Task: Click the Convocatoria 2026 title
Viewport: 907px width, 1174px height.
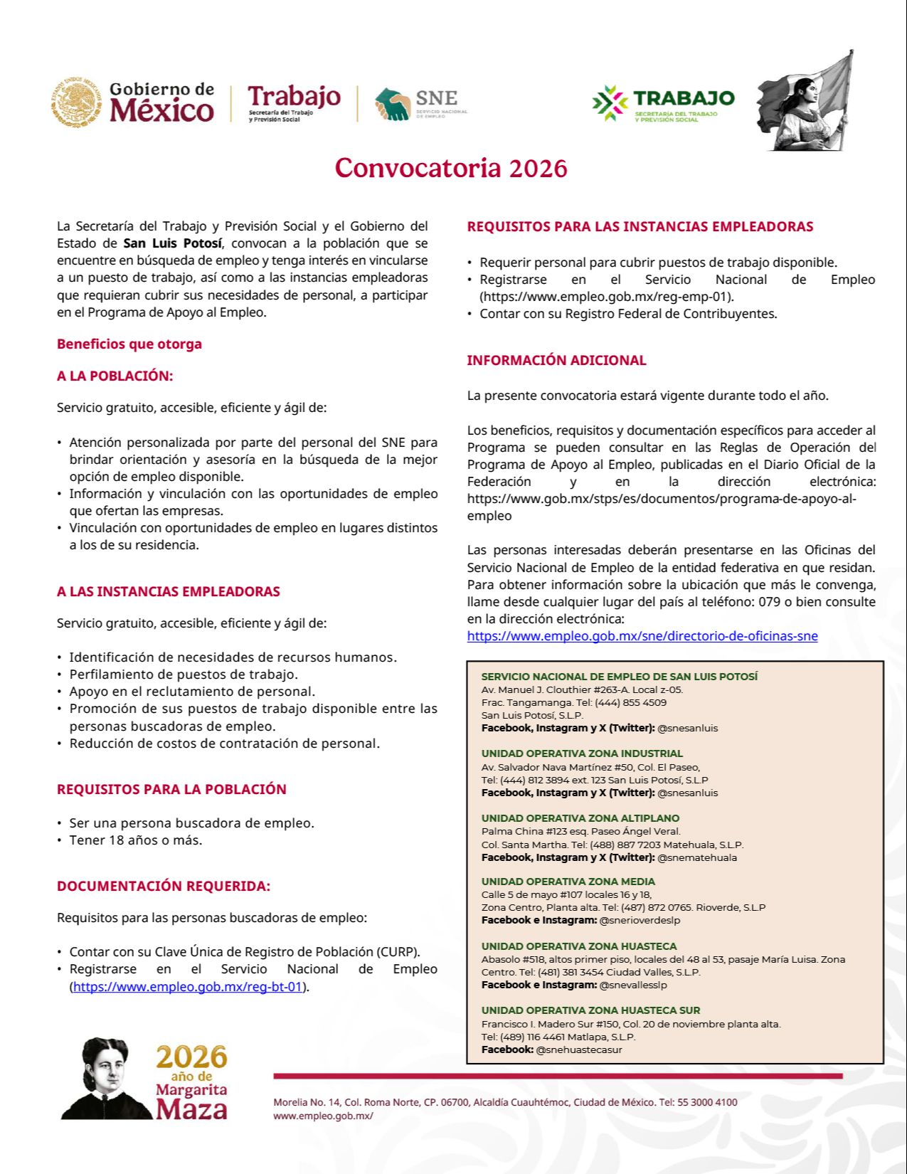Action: point(451,169)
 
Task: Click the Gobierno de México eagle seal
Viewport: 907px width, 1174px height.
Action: point(76,103)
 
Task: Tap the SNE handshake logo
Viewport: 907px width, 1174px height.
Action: point(393,105)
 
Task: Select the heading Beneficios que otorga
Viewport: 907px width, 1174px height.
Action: point(129,344)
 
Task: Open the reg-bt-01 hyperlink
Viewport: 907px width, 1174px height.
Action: point(189,987)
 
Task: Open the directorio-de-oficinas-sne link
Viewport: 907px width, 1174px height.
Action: point(642,636)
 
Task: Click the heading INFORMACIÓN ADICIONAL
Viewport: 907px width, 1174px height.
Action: point(556,361)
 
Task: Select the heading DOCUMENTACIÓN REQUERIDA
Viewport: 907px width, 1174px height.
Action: point(164,887)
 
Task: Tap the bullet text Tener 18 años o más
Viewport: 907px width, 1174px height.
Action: point(135,840)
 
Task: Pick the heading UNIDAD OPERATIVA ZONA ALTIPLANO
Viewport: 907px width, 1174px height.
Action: point(580,818)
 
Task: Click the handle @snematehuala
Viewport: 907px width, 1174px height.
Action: point(696,857)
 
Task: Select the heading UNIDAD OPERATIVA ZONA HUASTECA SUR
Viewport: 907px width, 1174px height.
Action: point(590,1010)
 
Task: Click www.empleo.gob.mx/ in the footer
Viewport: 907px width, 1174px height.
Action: point(323,1116)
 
